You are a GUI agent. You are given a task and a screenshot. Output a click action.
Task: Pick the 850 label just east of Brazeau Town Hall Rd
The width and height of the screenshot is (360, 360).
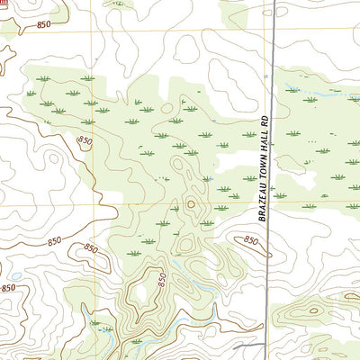point(250,240)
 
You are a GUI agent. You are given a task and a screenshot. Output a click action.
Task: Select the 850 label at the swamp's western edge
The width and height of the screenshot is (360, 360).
point(85,141)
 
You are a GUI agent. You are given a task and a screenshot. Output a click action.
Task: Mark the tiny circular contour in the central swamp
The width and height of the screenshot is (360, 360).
point(190,204)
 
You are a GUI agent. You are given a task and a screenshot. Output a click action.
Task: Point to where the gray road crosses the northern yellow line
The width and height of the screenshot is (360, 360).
point(272,32)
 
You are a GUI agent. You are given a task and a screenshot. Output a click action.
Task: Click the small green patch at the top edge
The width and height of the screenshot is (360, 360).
point(117,4)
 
